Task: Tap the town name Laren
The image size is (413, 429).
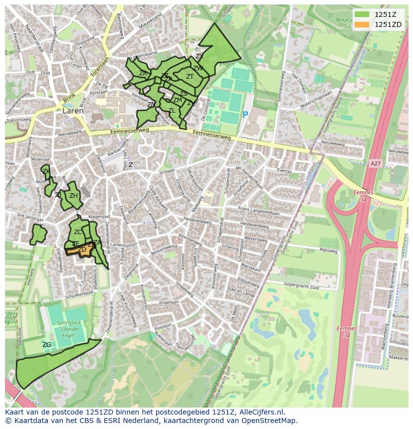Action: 73,111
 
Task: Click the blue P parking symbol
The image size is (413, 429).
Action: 245,115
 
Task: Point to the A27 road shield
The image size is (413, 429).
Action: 376,163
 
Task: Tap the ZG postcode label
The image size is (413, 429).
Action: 46,344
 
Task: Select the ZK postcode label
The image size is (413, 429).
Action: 46,171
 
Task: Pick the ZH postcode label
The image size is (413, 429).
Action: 73,195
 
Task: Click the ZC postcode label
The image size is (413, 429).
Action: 78,232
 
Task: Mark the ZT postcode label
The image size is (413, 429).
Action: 190,76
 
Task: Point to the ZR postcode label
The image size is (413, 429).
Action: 143,73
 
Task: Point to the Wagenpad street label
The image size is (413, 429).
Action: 98,217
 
